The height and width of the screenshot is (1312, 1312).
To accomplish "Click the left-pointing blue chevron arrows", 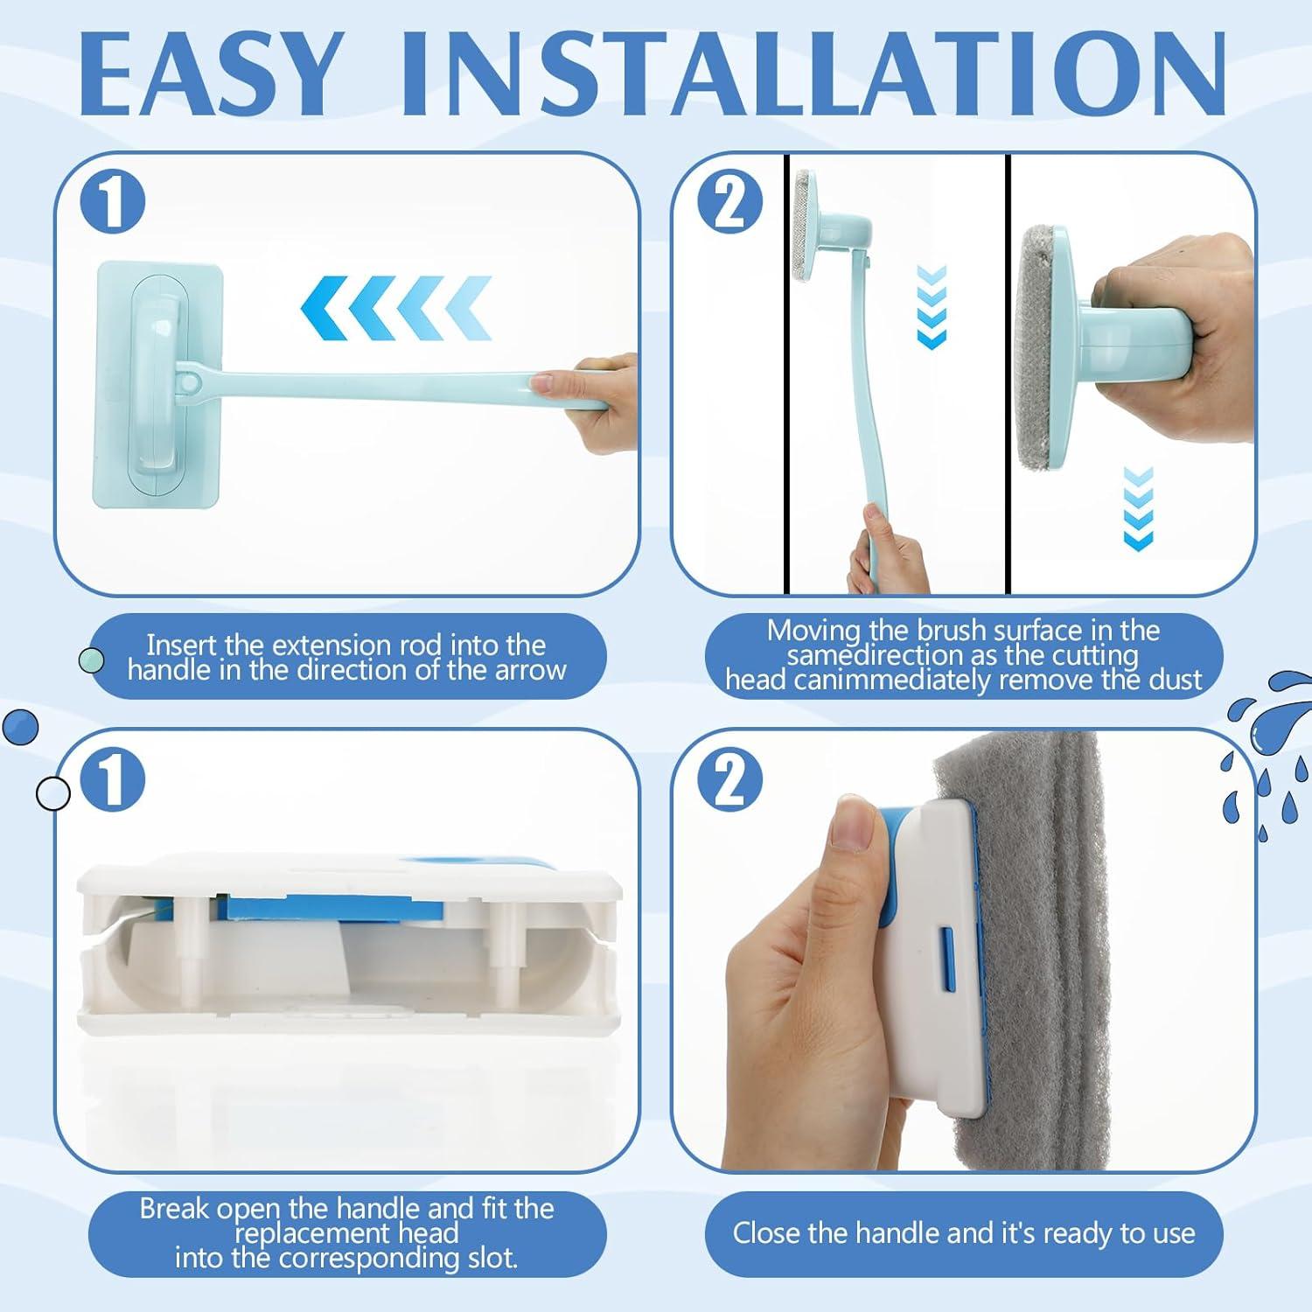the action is [397, 308].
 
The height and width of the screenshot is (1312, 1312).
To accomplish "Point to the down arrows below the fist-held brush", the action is [1138, 508].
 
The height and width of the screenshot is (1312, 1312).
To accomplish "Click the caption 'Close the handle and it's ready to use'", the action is [964, 1233].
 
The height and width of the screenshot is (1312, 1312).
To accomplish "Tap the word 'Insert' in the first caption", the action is [182, 645].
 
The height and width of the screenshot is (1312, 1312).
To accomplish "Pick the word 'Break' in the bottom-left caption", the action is [174, 1209].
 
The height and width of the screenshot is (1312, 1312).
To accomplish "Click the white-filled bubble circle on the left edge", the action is [52, 792].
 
